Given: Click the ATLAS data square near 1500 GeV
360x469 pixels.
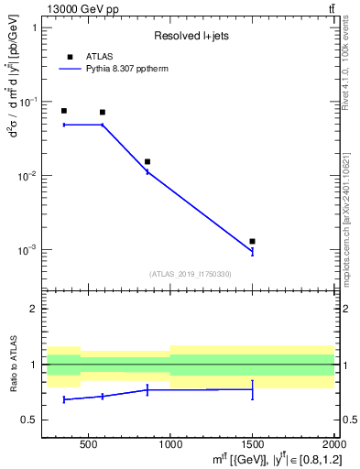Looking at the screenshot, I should pos(252,241).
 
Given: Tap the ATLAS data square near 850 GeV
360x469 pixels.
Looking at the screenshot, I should pos(147,161).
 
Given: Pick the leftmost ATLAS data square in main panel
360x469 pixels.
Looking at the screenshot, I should pos(64,111).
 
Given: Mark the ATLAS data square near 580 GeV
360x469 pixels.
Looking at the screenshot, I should pos(103,113).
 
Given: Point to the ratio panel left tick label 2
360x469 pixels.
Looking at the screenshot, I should pos(36,309).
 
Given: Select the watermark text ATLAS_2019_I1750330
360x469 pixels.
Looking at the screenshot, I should pos(190,274).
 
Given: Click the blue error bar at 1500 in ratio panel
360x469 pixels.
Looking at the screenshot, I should pos(252,389).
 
